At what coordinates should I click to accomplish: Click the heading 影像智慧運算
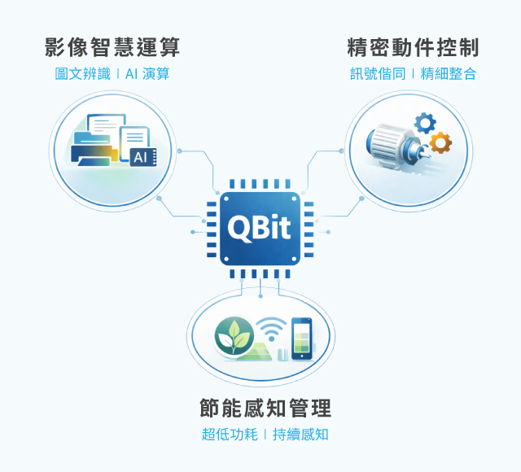[x=112, y=46]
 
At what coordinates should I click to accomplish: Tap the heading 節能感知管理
[x=265, y=407]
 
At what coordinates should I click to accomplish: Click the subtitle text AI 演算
[x=147, y=74]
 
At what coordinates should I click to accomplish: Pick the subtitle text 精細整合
[x=449, y=74]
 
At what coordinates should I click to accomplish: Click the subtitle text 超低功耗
[x=229, y=435]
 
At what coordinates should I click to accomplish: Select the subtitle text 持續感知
[x=301, y=435]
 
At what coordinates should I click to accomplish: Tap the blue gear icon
[x=424, y=124]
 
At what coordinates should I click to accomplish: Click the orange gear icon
[x=440, y=143]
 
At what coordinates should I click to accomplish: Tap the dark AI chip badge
[x=139, y=156]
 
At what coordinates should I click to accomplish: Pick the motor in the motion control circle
[x=391, y=146]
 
